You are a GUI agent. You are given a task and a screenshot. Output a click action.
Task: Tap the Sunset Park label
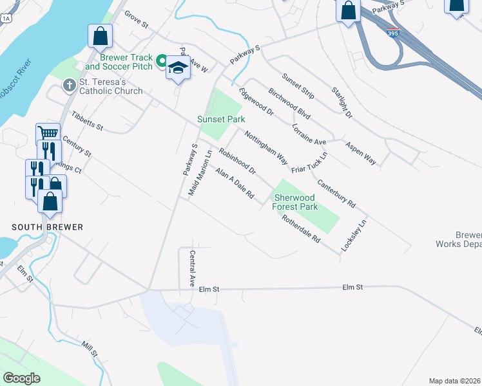221,119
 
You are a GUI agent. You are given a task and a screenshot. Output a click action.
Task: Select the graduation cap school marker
177,68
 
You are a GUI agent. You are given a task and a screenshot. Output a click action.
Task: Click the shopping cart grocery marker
47,133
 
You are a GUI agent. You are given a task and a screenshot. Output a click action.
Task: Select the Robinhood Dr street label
237,162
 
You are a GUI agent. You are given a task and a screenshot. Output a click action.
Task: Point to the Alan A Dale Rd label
235,183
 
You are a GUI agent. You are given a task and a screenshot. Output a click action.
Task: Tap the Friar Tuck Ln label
309,163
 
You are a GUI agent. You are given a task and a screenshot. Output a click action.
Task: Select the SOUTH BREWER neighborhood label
48,227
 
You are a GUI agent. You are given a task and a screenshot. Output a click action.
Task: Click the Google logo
22,378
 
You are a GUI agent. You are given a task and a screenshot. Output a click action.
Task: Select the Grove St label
137,20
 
